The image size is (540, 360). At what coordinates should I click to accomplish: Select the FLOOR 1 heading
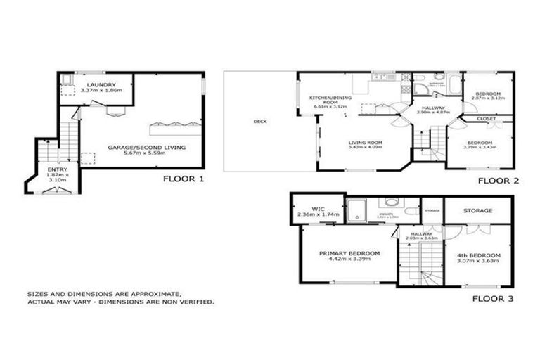click(184, 179)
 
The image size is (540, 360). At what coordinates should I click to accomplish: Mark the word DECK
click(259, 121)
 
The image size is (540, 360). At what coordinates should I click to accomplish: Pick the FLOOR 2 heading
click(498, 181)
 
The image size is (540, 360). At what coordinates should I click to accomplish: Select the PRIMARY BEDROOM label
click(349, 253)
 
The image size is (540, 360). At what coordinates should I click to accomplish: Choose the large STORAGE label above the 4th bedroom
click(477, 210)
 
